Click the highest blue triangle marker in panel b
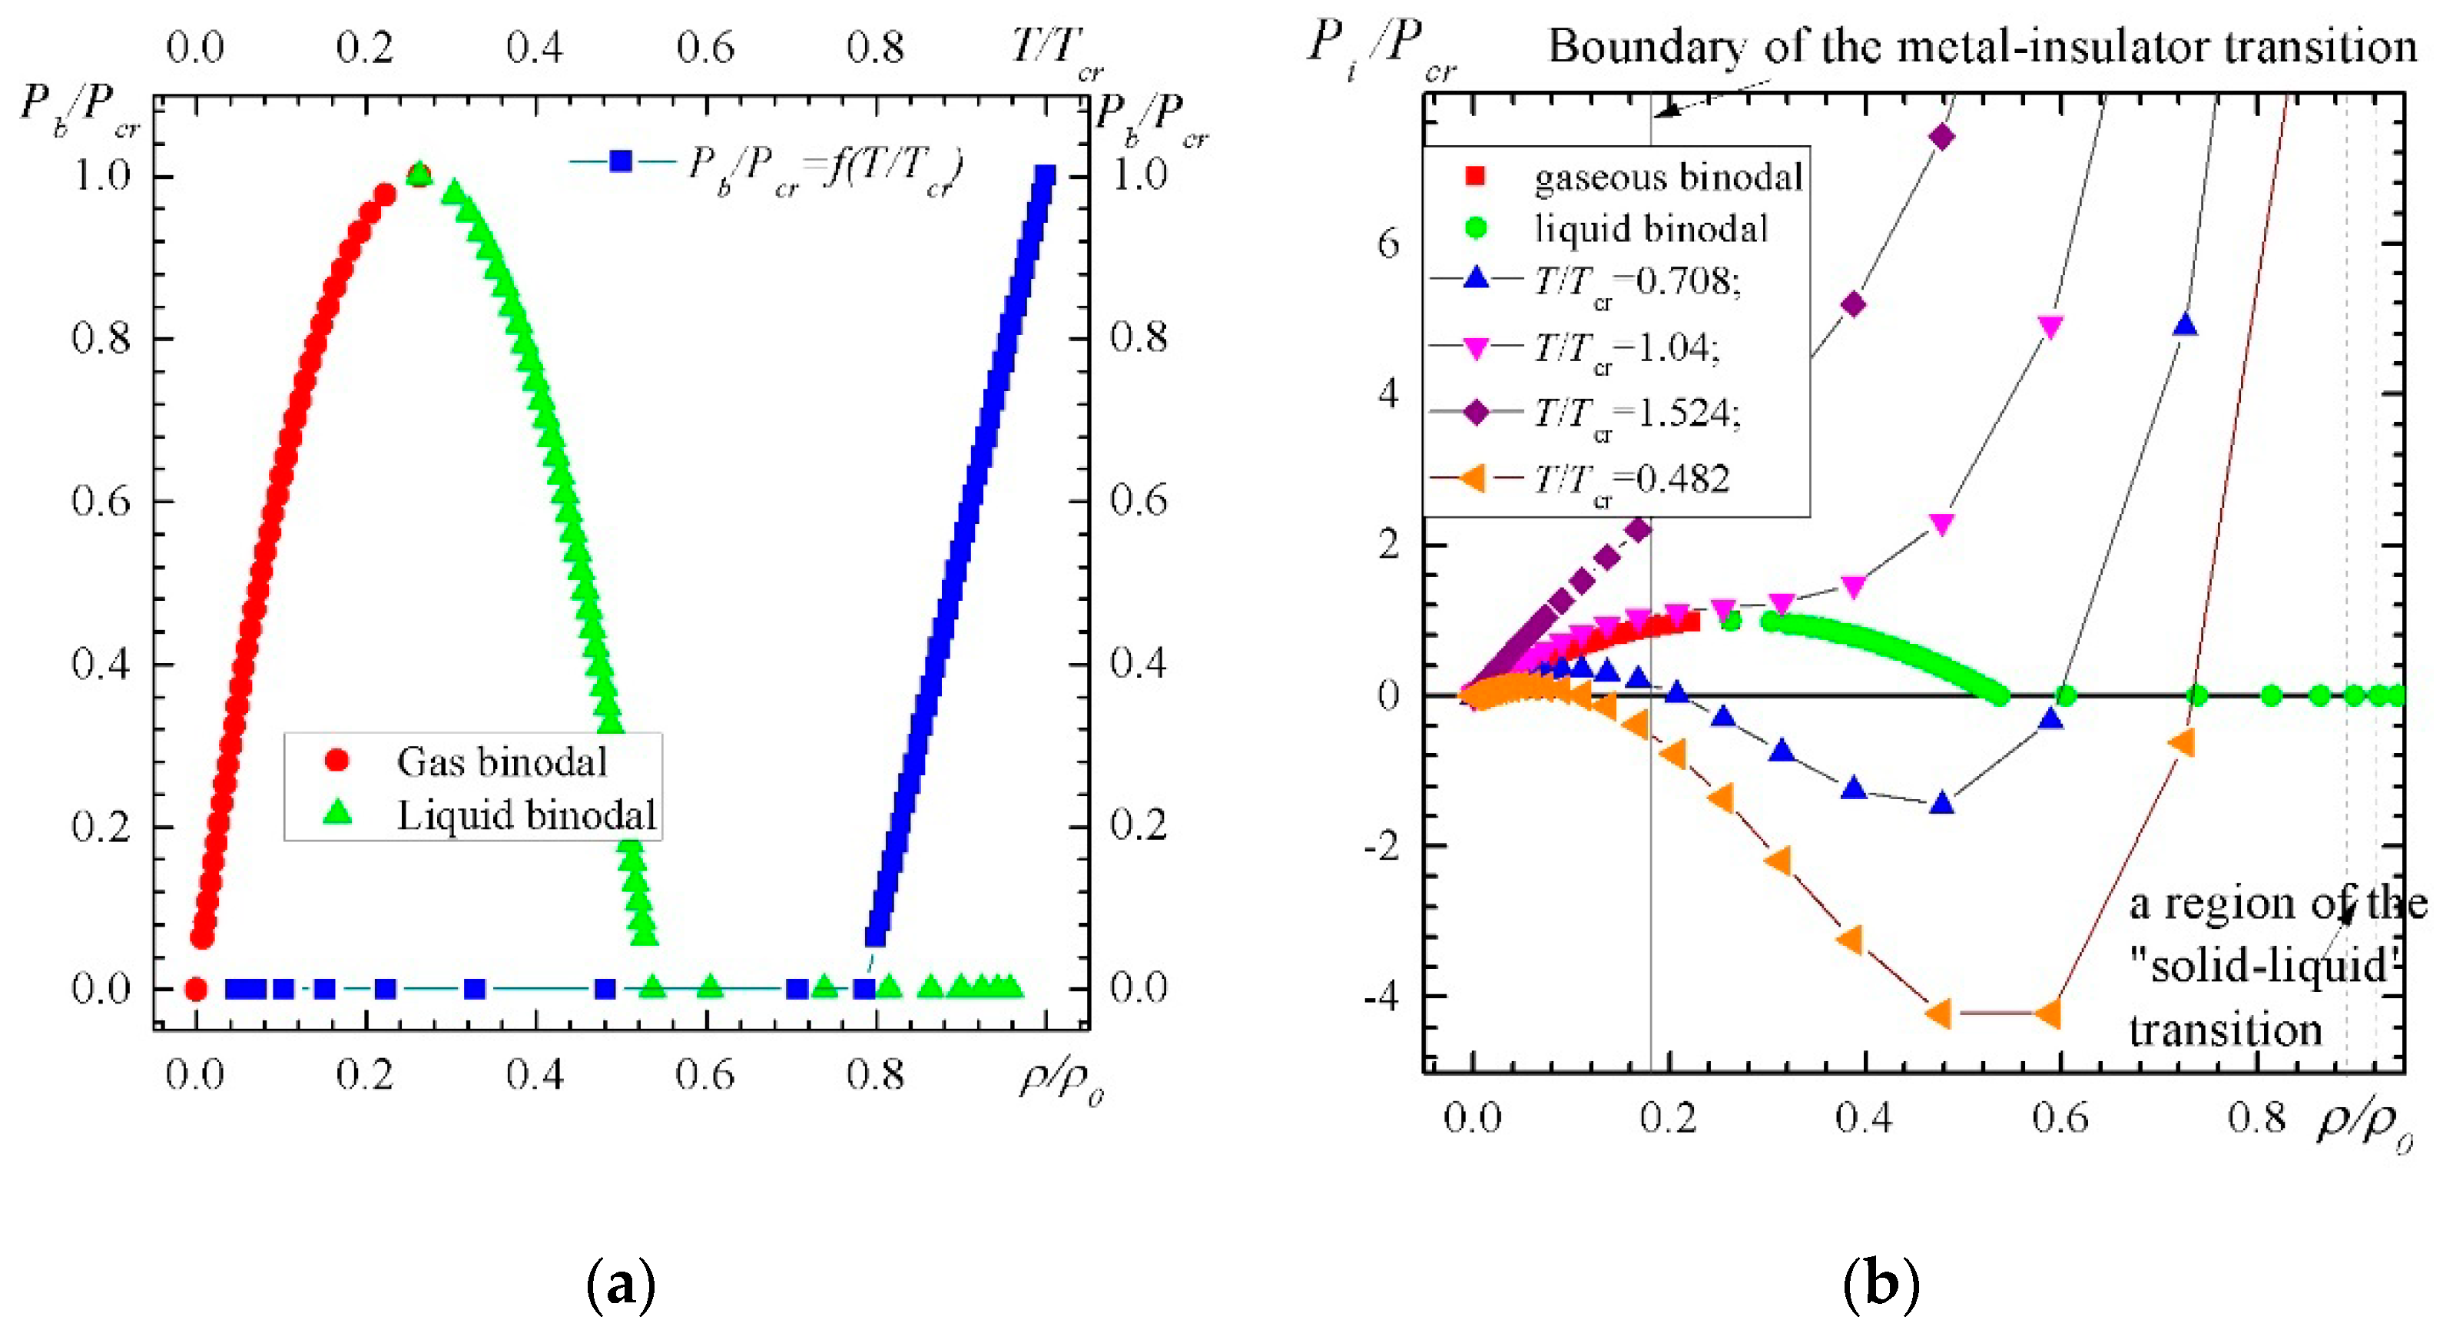pos(2186,326)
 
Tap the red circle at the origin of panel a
pos(195,989)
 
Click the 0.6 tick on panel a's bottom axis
pos(704,1076)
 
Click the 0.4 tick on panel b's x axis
pos(1864,1117)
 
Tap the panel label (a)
pos(621,1285)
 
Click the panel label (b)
pos(1881,1285)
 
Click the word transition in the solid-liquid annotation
pos(2225,1030)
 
